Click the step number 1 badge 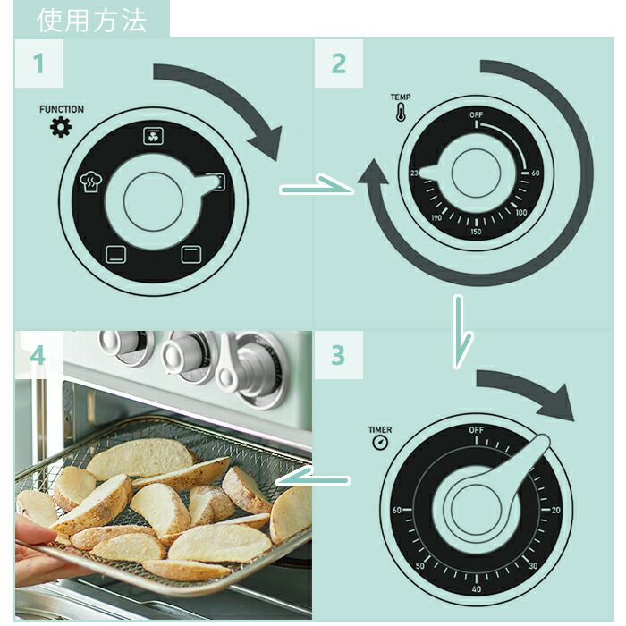click(x=38, y=63)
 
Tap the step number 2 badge click(x=338, y=63)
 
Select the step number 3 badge click(x=337, y=355)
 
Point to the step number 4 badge click(x=38, y=355)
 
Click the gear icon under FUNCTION click(x=60, y=128)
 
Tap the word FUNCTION click(x=61, y=109)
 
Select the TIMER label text click(x=380, y=430)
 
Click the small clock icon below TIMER click(x=380, y=443)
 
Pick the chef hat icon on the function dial click(x=90, y=182)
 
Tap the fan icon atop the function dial click(x=151, y=136)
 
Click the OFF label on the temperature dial click(x=477, y=115)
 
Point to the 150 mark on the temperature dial click(x=476, y=232)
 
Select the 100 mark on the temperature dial click(x=520, y=213)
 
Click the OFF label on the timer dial click(x=477, y=430)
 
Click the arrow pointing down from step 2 click(x=459, y=331)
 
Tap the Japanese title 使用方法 click(x=92, y=20)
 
